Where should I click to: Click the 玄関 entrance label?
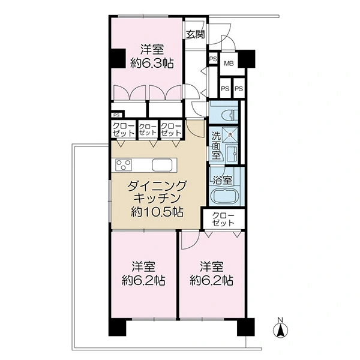click(x=195, y=34)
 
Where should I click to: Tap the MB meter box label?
click(x=229, y=64)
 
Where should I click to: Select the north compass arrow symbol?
click(x=280, y=331)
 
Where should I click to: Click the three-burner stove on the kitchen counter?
click(x=124, y=165)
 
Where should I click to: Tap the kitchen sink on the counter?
click(x=162, y=165)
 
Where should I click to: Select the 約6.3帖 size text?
click(x=152, y=63)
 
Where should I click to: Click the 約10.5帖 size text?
click(x=157, y=212)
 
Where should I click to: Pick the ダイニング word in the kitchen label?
click(x=157, y=185)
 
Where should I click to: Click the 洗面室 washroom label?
click(x=216, y=146)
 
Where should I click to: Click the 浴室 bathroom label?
click(x=222, y=180)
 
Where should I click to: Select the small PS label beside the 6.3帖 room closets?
click(x=116, y=115)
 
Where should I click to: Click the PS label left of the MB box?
click(x=213, y=59)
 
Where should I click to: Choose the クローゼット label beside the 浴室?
click(x=223, y=219)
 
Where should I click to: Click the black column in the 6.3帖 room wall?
click(x=118, y=58)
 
